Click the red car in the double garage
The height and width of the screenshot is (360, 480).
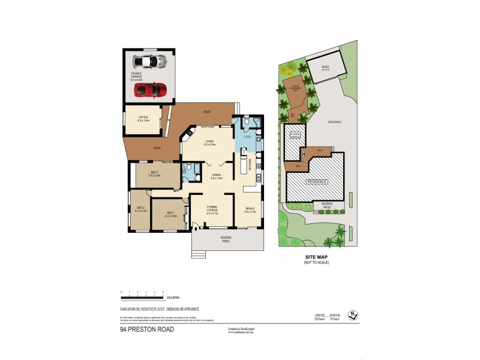coord(149,89)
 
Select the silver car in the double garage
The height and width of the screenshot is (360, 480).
coord(149,61)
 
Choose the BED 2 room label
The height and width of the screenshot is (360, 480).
coord(140,209)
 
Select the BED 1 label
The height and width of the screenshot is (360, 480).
coord(170,214)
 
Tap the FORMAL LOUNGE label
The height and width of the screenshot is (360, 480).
coord(212,209)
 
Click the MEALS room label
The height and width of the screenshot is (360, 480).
coord(250,210)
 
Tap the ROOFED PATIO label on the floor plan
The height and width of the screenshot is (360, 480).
coord(226,239)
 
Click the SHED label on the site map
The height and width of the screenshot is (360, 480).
coord(325,67)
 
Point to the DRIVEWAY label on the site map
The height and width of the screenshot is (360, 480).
coord(335,122)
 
